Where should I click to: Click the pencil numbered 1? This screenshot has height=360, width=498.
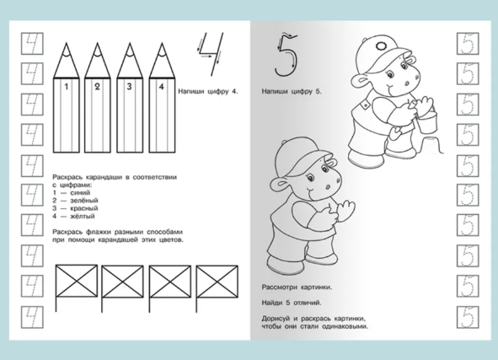pyautogui.click(x=66, y=99)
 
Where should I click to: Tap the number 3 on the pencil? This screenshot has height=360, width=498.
pyautogui.click(x=129, y=87)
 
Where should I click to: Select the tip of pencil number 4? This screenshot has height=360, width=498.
pyautogui.click(x=162, y=43)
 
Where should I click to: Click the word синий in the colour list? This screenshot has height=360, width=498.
pyautogui.click(x=80, y=193)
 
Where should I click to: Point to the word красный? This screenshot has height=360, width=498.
pyautogui.click(x=84, y=208)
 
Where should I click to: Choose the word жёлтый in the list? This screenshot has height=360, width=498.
pyautogui.click(x=83, y=217)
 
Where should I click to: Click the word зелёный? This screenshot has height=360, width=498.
pyautogui.click(x=84, y=201)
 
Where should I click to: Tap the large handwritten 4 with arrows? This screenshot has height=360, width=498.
pyautogui.click(x=210, y=54)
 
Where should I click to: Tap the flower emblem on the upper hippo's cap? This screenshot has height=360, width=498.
pyautogui.click(x=380, y=46)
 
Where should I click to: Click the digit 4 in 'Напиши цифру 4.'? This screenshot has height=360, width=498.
pyautogui.click(x=234, y=92)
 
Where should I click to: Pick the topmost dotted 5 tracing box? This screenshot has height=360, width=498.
pyautogui.click(x=468, y=44)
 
